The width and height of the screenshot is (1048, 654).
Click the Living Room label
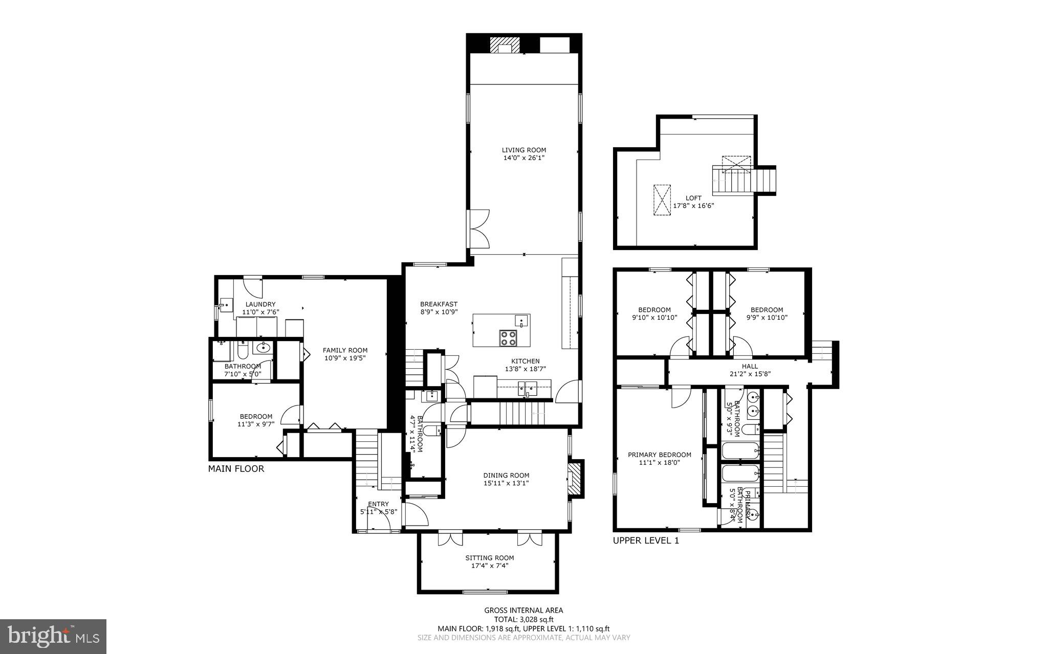(523, 150)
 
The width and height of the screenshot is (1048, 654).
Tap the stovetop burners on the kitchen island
(508, 338)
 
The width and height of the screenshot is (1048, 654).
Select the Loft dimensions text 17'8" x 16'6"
(693, 206)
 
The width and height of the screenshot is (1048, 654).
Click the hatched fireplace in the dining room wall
(576, 479)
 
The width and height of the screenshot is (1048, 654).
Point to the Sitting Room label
(489, 558)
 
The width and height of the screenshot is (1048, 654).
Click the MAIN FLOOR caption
(236, 468)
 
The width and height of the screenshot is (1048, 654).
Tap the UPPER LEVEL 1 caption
(646, 540)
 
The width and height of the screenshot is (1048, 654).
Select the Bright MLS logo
(53, 636)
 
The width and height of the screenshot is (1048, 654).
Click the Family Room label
(345, 350)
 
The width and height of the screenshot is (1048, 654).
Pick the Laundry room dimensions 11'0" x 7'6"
(260, 311)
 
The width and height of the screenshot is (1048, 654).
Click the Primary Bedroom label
(659, 455)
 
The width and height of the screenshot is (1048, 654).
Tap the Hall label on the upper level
(750, 366)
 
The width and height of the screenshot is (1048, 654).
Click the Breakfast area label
(439, 304)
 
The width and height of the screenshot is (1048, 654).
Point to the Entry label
(378, 504)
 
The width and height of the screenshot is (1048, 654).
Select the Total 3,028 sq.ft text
(523, 619)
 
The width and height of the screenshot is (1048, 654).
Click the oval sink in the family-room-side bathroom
(263, 348)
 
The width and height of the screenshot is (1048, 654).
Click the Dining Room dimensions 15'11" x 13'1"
(506, 483)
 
